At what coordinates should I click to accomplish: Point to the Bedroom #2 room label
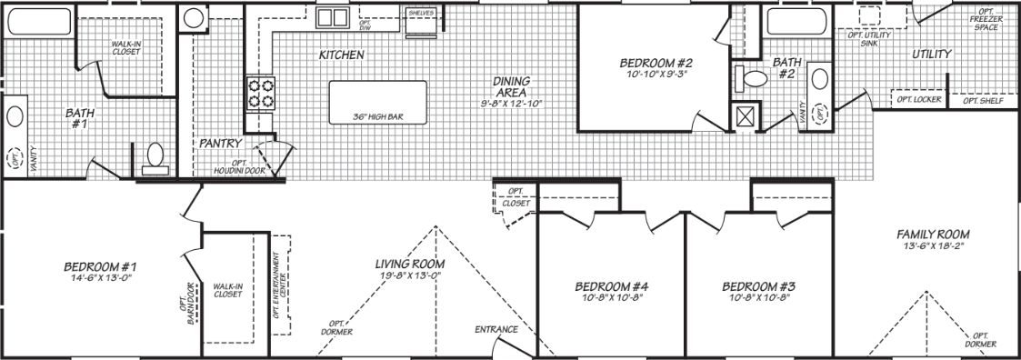pyautogui.click(x=656, y=63)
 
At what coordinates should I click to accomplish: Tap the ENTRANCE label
pyautogui.click(x=496, y=329)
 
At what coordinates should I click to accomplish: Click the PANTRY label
pyautogui.click(x=220, y=143)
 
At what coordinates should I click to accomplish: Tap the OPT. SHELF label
pyautogui.click(x=982, y=99)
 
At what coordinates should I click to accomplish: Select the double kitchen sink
pyautogui.click(x=332, y=16)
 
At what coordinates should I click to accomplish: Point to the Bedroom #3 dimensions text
pyautogui.click(x=756, y=296)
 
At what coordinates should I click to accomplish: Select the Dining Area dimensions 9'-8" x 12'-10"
pyautogui.click(x=511, y=104)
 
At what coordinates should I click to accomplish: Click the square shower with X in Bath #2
pyautogui.click(x=746, y=116)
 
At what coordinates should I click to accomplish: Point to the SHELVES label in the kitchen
pyautogui.click(x=421, y=14)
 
